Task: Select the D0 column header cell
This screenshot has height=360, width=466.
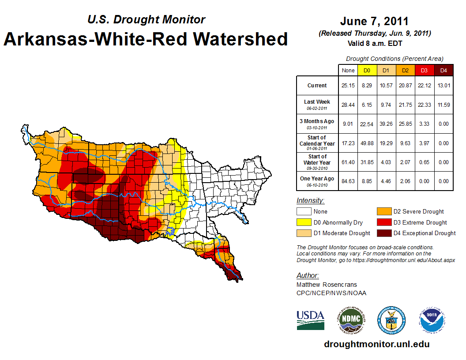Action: pos(367,70)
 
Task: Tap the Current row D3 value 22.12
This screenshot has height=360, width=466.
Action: pos(424,86)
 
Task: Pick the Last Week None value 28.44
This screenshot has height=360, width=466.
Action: pos(348,105)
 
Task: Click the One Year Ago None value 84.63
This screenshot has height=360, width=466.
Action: pos(348,181)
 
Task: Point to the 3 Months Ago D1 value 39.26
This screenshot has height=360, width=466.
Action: pos(386,124)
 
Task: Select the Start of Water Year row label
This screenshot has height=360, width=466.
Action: pos(317,162)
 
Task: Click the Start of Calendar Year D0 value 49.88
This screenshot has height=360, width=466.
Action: pos(367,143)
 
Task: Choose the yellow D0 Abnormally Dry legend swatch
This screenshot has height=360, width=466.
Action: pos(304,222)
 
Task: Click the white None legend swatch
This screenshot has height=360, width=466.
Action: pos(304,211)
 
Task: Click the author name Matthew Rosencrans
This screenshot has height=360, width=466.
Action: pos(327,285)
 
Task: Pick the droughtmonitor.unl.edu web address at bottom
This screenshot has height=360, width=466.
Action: pos(376,344)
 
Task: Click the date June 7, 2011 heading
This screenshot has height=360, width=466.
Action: pos(375,21)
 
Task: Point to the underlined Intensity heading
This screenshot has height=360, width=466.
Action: pos(310,201)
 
